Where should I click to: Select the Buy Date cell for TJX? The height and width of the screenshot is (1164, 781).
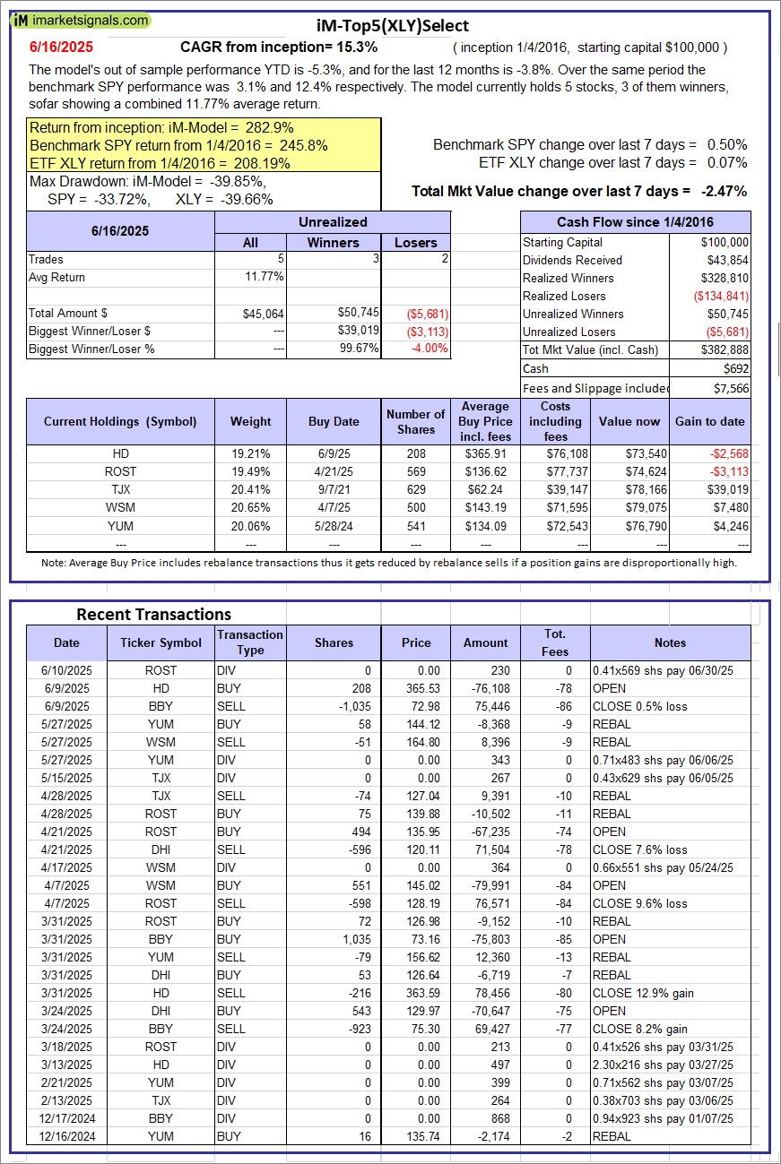(x=334, y=489)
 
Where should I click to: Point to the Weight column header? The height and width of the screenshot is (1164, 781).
(x=250, y=421)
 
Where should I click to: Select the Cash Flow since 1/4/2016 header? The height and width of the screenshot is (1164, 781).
(x=635, y=222)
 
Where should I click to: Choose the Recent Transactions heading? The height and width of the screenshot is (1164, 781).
(x=153, y=614)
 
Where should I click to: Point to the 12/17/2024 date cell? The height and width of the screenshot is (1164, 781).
(x=66, y=1118)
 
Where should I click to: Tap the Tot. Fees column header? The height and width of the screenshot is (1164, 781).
(x=554, y=642)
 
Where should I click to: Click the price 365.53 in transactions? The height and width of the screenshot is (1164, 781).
(x=415, y=688)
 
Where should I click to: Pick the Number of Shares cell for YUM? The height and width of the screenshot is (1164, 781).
(x=415, y=525)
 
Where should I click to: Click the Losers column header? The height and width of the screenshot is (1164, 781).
(x=415, y=242)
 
